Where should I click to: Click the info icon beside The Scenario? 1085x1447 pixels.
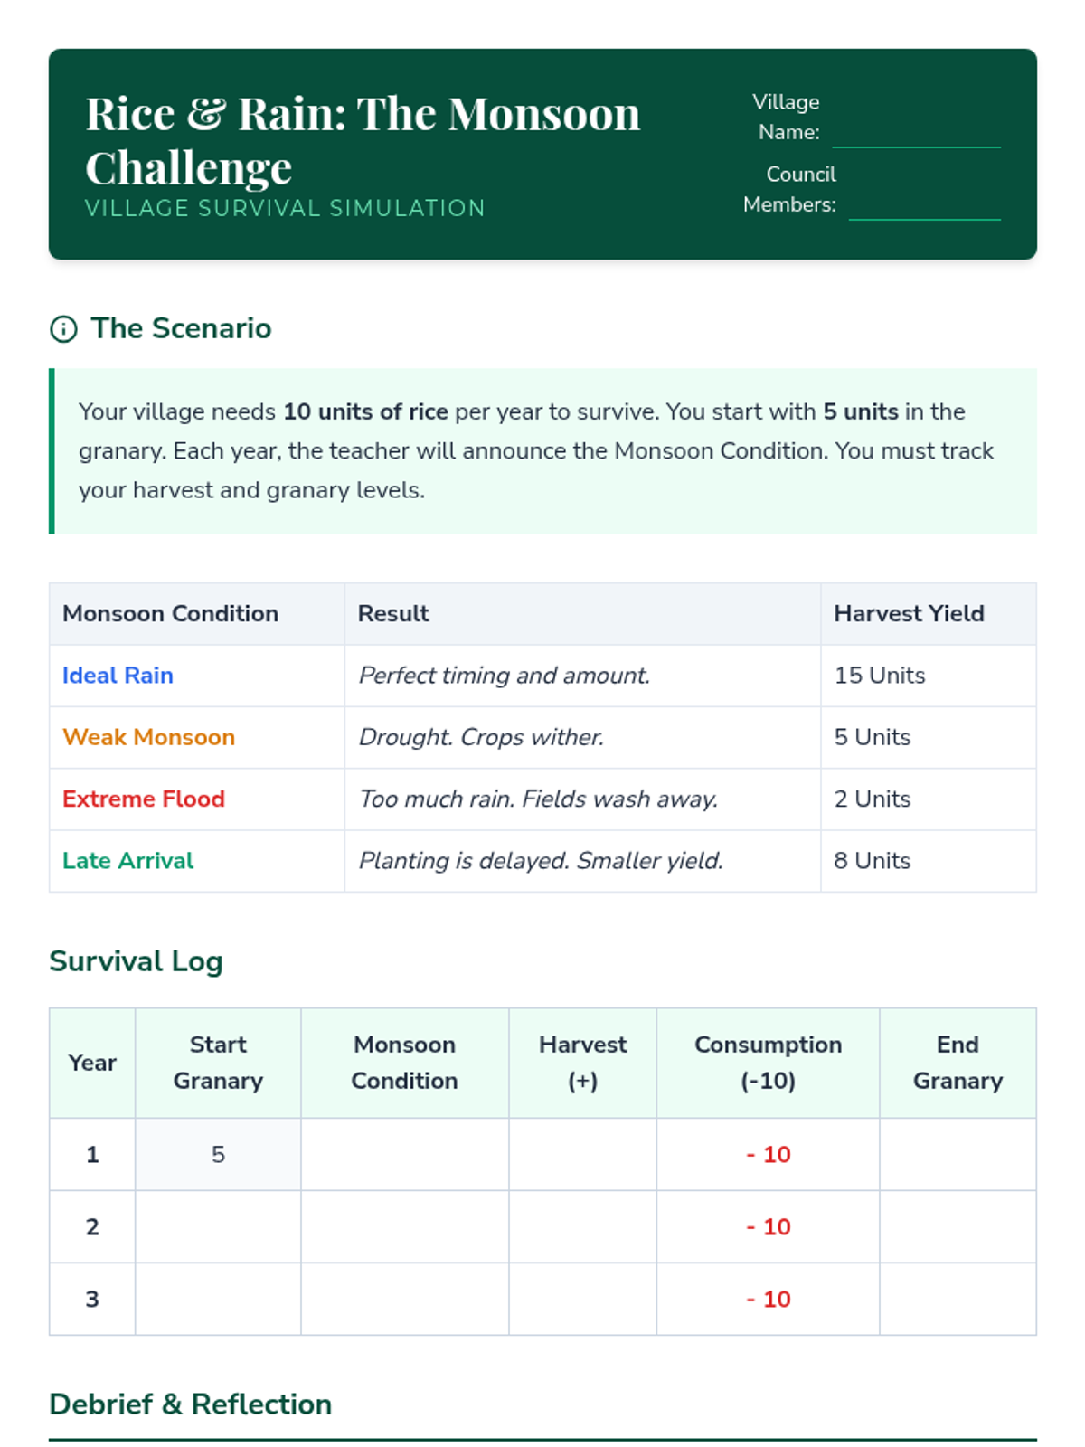[63, 329]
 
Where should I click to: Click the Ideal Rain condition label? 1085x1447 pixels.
[118, 676]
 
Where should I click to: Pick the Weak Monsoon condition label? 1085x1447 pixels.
[148, 737]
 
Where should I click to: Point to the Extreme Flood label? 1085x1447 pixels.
[143, 799]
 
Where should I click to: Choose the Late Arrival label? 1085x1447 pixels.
[127, 860]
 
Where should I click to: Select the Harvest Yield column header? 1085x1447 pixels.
[908, 613]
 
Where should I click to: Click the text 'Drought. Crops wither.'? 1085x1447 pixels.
[481, 737]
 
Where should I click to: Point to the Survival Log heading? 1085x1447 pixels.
[136, 960]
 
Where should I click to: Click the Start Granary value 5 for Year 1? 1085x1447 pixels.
[218, 1154]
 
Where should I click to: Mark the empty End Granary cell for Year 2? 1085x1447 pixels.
[957, 1226]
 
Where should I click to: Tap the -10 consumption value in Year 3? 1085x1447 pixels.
[768, 1299]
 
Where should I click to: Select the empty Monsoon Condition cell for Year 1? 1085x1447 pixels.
[404, 1154]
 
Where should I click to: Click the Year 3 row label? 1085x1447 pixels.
[92, 1299]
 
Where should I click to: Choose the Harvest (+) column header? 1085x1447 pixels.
[582, 1063]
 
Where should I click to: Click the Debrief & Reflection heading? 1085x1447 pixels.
[190, 1404]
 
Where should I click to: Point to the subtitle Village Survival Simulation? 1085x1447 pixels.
[285, 208]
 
